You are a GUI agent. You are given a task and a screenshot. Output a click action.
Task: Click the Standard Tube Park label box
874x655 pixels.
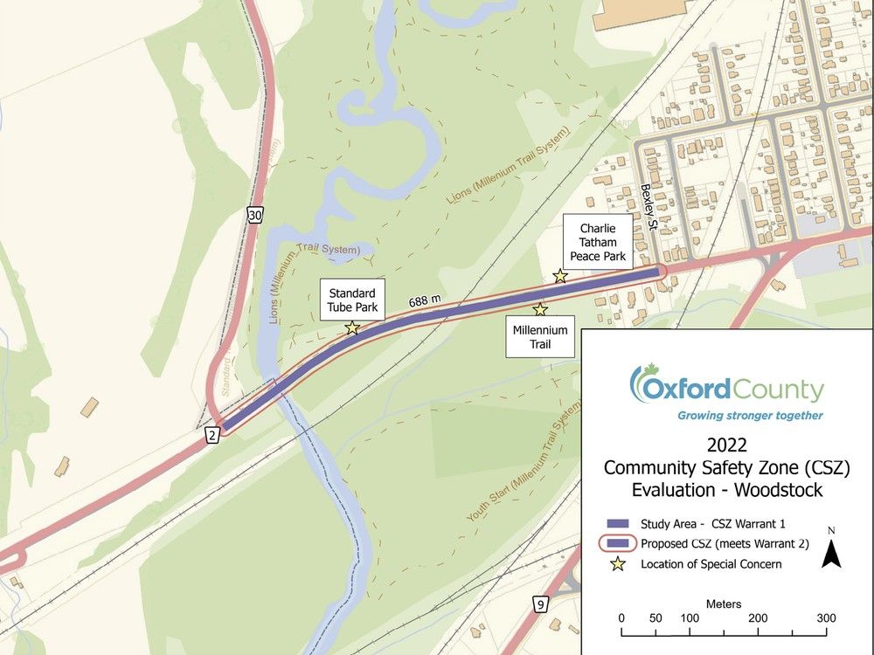352,300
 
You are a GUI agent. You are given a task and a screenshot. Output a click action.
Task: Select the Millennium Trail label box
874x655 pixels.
540,336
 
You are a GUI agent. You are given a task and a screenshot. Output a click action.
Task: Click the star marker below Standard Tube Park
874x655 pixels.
352,328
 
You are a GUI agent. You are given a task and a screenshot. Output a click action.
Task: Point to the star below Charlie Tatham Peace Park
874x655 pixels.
560,277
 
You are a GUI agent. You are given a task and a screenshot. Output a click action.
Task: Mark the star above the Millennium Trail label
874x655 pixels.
540,309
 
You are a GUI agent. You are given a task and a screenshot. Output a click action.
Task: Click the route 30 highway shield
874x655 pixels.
253,215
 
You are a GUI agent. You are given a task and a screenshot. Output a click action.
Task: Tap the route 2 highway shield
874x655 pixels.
212,435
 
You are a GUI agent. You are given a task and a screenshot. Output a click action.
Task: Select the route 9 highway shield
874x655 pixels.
541,604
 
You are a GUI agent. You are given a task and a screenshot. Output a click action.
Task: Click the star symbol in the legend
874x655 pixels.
619,564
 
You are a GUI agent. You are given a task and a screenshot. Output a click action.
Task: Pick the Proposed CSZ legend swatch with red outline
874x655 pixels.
619,543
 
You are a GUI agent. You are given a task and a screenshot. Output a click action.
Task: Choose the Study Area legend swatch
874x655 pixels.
619,524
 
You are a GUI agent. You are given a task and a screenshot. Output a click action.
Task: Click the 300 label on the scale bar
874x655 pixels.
824,618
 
